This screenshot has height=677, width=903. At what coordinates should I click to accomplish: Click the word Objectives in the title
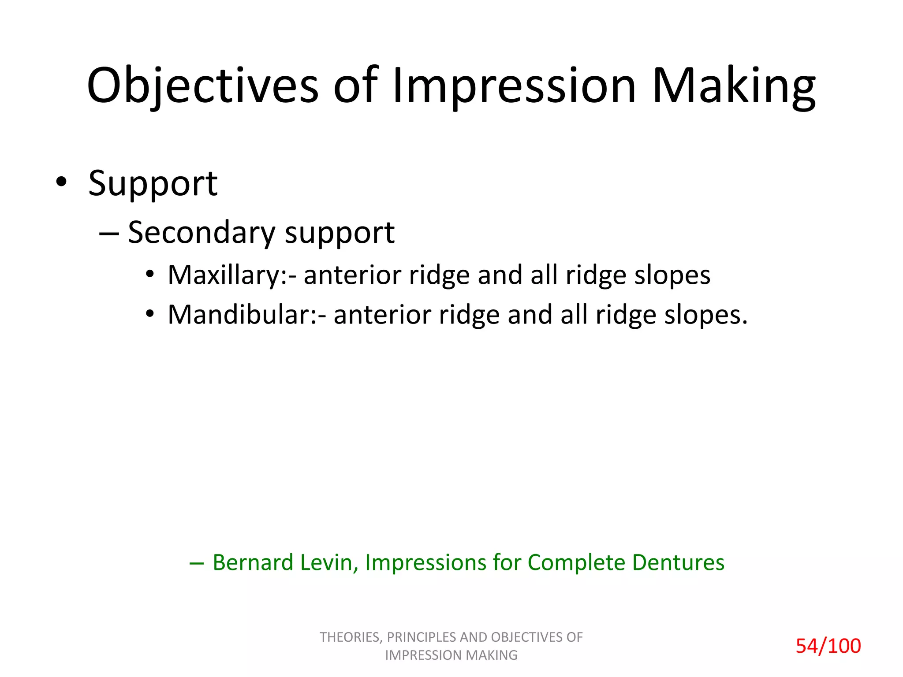point(202,86)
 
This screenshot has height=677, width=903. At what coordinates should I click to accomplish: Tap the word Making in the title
point(733,86)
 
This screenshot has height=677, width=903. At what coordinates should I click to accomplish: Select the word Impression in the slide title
point(514,86)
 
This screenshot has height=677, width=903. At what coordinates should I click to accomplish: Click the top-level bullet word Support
point(153,184)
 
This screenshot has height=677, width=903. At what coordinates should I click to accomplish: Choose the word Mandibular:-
point(247,315)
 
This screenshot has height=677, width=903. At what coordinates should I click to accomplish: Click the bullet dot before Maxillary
point(150,275)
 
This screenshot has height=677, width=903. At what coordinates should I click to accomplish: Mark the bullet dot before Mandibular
point(150,314)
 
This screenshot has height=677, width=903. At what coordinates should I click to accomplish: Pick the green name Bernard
point(253,563)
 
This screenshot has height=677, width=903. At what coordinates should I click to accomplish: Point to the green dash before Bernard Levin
point(196,563)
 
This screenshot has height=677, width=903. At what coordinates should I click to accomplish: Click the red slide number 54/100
point(828,646)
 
